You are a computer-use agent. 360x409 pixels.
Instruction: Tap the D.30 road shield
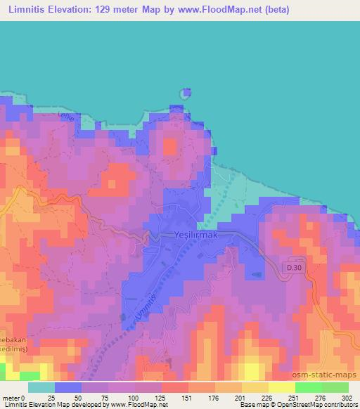(x=295, y=268)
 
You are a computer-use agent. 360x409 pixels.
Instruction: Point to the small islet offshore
(x=186, y=93)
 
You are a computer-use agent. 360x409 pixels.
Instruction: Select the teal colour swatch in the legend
(x=41, y=387)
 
